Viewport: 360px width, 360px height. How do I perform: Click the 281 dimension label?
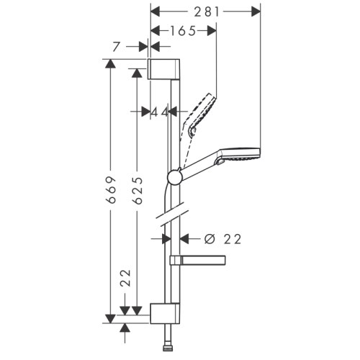click(206, 12)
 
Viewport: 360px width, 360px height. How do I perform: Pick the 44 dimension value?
click(159, 112)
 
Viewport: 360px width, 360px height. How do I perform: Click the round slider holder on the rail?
click(174, 177)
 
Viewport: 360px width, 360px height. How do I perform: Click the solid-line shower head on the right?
click(240, 155)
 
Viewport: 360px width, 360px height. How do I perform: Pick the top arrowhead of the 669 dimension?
click(110, 64)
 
